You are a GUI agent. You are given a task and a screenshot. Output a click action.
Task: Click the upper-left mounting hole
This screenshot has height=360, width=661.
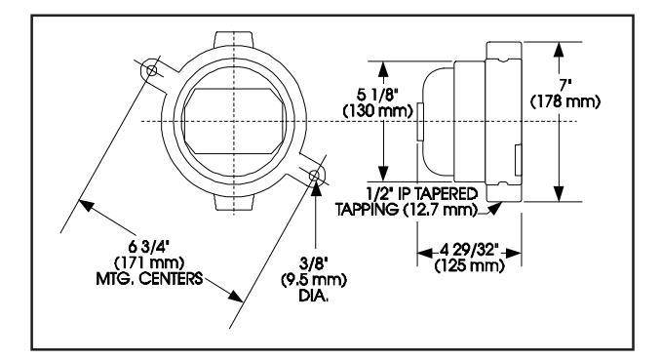coord(151,70)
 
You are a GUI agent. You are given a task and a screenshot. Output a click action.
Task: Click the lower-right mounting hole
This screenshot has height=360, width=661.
coord(314,175)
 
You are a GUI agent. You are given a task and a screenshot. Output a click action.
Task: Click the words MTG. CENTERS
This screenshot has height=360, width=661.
coord(150,279)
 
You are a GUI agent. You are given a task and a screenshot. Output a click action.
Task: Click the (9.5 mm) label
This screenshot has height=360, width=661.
coord(314,280)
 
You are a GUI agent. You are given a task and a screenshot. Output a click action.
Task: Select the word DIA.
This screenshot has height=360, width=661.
coord(314,296)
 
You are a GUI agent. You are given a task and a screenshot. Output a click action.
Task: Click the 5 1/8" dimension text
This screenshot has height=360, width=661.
coord(377,95)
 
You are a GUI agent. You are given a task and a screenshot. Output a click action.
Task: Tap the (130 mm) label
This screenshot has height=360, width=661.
coord(377,110)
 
